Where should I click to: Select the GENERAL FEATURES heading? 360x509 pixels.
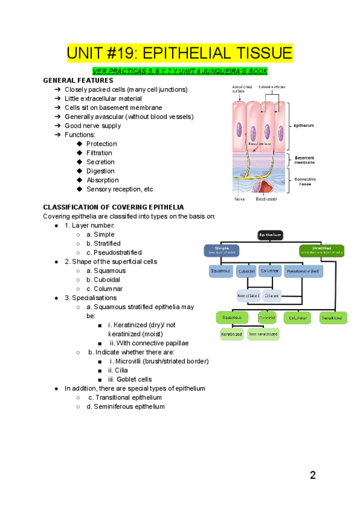click(78, 80)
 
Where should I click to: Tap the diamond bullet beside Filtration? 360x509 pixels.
click(79, 153)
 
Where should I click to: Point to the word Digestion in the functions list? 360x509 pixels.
click(100, 171)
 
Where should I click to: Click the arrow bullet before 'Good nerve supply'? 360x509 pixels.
click(57, 126)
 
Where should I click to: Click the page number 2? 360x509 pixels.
click(313, 476)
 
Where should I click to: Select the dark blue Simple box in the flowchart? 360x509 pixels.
click(221, 250)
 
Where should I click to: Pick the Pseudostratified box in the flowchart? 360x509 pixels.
click(304, 271)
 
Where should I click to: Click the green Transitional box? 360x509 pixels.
click(331, 318)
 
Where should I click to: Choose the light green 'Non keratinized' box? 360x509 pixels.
click(263, 334)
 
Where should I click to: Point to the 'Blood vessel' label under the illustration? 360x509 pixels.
click(266, 199)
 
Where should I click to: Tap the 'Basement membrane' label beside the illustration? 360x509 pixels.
click(305, 160)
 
